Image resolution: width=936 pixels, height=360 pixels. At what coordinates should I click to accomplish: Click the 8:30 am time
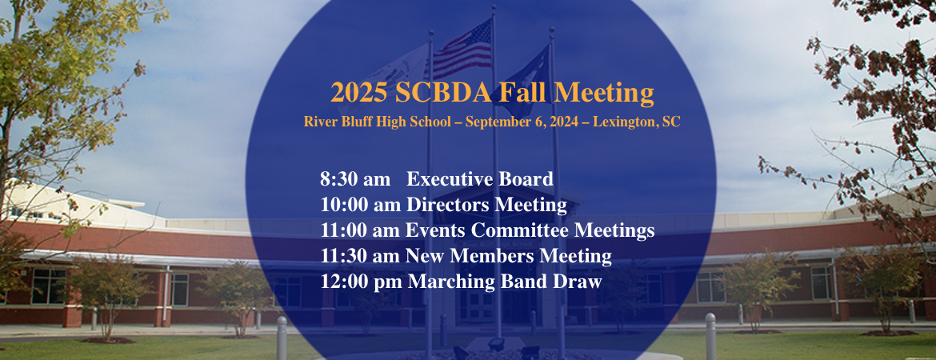click(x=355, y=179)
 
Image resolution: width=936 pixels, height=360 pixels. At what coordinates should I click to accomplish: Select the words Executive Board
click(x=480, y=179)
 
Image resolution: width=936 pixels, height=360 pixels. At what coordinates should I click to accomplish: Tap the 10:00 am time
click(x=361, y=205)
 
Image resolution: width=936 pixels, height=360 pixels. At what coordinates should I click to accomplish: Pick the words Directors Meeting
click(x=486, y=205)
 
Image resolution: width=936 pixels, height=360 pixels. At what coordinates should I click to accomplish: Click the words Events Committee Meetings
click(x=530, y=230)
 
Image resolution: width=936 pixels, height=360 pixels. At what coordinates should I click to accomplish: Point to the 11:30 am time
click(x=361, y=256)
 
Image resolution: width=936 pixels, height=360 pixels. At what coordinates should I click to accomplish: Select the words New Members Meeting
click(x=509, y=256)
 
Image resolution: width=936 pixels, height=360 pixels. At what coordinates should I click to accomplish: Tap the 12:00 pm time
click(x=361, y=281)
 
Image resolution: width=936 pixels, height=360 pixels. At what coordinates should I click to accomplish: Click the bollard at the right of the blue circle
click(x=710, y=337)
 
